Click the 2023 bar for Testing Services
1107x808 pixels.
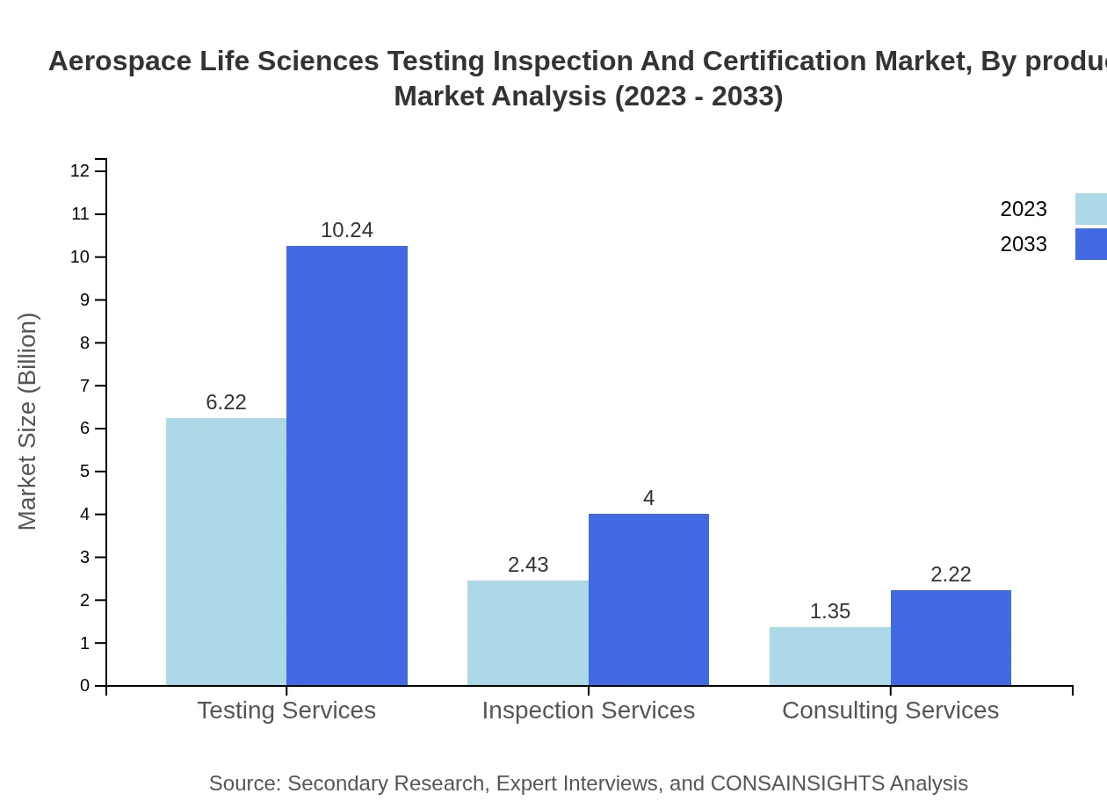(x=226, y=552)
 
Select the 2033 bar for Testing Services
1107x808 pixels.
(x=347, y=465)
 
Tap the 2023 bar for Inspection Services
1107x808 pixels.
(x=528, y=632)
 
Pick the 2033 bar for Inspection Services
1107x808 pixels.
(x=648, y=599)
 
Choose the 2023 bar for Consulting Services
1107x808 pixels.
(x=830, y=656)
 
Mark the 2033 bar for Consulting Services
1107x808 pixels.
(x=951, y=638)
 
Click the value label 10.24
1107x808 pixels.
(x=347, y=230)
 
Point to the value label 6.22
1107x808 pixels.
(x=226, y=402)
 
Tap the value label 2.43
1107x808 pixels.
(x=528, y=565)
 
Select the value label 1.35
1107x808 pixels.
(x=830, y=611)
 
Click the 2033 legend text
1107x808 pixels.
(x=1024, y=244)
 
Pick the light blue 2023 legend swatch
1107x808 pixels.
(x=1090, y=209)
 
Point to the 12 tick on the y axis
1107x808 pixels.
(x=80, y=171)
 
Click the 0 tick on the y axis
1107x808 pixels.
(x=85, y=686)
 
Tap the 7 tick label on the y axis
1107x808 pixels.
(x=85, y=386)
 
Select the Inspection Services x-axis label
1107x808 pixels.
(x=589, y=710)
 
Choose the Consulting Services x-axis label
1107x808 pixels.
(x=890, y=710)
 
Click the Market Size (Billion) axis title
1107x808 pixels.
(x=27, y=422)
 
